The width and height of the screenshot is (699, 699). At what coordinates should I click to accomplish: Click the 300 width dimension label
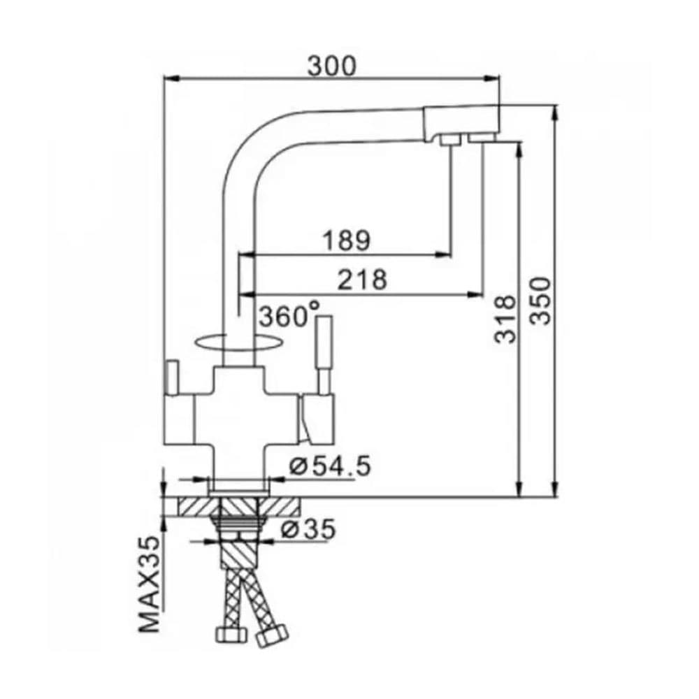point(332,66)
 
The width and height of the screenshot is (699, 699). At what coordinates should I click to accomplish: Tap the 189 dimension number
point(347,240)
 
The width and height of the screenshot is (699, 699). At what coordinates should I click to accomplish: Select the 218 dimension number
point(362,280)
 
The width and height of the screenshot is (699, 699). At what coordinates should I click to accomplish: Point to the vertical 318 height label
point(505,319)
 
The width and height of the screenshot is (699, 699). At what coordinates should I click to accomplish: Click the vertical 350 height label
point(541,301)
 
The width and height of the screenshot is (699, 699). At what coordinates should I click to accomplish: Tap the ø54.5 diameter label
point(331,466)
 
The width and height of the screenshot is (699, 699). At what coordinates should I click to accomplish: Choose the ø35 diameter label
point(308,529)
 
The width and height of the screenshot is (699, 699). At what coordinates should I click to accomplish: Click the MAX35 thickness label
point(150,584)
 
